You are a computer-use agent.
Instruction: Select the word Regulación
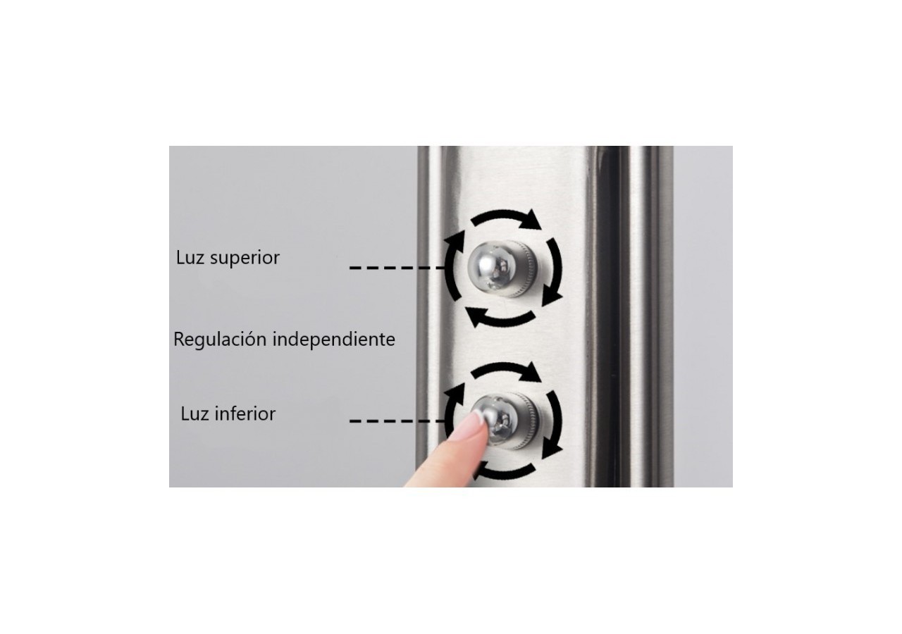click(221, 340)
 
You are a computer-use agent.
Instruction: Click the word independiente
click(334, 339)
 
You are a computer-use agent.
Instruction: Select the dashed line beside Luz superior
click(397, 267)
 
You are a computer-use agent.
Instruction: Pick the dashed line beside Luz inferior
click(397, 421)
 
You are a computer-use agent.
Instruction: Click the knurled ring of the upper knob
click(524, 268)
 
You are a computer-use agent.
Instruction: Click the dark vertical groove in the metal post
click(612, 316)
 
